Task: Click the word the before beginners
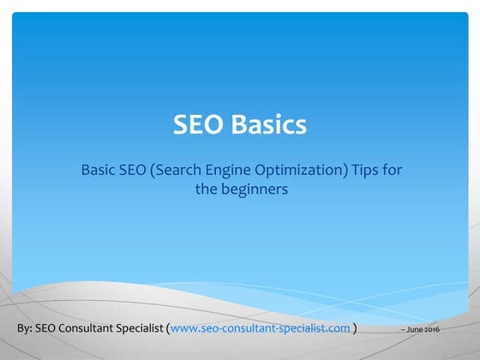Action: [x=205, y=190]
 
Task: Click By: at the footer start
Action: [x=27, y=328]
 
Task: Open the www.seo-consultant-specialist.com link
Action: [x=261, y=328]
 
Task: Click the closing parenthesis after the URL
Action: [x=356, y=328]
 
